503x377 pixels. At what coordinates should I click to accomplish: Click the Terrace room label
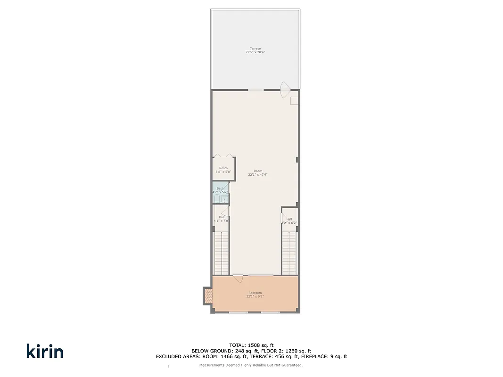255,49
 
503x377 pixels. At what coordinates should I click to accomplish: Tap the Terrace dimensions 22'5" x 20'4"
255,52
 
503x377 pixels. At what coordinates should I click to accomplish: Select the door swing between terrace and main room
284,90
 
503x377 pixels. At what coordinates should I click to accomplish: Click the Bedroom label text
255,293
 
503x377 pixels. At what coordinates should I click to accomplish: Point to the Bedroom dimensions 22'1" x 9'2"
255,296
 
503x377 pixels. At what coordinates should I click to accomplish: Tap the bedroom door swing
238,279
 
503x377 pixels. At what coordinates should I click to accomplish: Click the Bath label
220,188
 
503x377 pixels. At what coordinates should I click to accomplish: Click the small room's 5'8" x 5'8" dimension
223,172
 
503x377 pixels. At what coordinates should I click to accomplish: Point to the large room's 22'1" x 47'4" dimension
258,175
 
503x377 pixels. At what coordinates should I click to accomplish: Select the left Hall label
222,217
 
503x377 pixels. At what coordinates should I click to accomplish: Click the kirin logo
45,351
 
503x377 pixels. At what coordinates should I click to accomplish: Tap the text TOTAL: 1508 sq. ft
251,345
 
